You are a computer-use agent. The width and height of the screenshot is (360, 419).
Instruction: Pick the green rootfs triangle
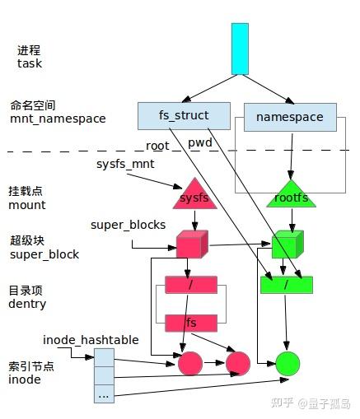[x=288, y=196]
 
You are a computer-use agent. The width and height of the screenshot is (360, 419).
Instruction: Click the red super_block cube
[x=190, y=244]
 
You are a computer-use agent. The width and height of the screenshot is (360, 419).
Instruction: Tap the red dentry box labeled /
[x=190, y=285]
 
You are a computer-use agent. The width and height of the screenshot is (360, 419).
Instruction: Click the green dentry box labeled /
[x=287, y=285]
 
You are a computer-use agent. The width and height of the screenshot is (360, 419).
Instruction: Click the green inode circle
[x=288, y=363]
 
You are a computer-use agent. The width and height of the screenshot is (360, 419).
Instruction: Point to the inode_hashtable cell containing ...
[x=104, y=394]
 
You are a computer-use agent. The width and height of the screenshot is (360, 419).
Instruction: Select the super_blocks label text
[x=128, y=225]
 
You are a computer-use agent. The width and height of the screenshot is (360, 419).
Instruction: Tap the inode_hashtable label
[x=91, y=339]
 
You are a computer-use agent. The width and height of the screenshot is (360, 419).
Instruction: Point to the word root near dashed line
[x=157, y=146]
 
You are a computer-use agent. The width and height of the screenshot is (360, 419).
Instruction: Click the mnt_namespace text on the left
[x=58, y=119]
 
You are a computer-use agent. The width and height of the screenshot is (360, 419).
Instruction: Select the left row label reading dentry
[x=28, y=304]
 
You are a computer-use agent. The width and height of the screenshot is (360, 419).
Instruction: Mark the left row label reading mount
[x=27, y=205]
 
